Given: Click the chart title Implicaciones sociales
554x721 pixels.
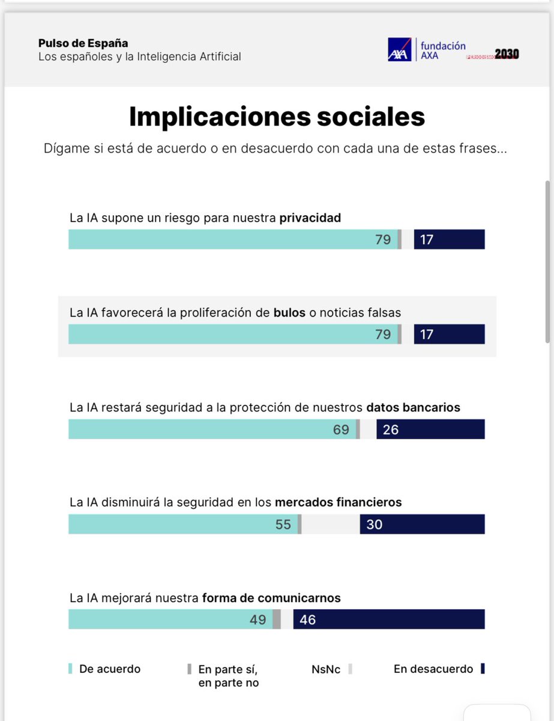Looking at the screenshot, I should (x=277, y=117).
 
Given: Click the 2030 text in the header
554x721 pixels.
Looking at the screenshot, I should (x=507, y=54).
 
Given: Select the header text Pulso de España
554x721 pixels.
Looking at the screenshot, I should (x=83, y=43).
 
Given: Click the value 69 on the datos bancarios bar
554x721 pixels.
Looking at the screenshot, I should (x=341, y=430).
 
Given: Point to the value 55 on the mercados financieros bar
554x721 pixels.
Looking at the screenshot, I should (x=283, y=525).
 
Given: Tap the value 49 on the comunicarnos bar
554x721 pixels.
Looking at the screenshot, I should (x=257, y=619).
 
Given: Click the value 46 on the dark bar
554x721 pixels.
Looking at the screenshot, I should (x=307, y=619).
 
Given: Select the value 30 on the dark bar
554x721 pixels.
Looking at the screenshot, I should (x=374, y=525).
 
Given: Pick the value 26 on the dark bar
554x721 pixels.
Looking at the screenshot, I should (x=390, y=430).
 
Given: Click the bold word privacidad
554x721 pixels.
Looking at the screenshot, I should (x=310, y=218).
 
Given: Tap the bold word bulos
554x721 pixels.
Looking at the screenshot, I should (x=290, y=312).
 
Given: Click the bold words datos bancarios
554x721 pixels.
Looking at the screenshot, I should (x=413, y=407).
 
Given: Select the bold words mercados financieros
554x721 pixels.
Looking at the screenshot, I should (x=338, y=502).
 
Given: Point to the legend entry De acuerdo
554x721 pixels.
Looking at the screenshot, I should (x=109, y=669).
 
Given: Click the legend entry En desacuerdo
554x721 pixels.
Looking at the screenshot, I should (x=433, y=669).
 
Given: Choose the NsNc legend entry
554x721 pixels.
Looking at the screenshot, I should (x=325, y=669).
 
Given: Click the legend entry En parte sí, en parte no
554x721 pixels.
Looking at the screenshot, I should (x=228, y=675).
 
